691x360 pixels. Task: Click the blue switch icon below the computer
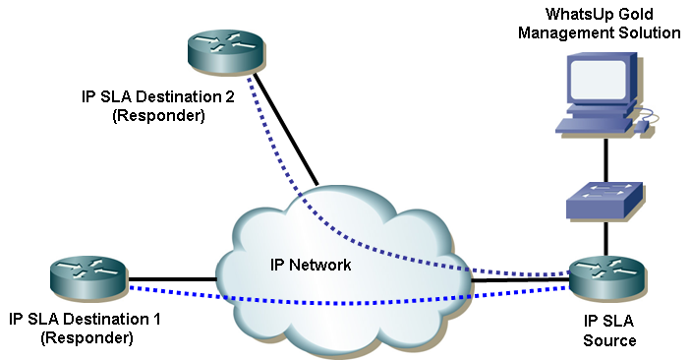pyautogui.click(x=604, y=201)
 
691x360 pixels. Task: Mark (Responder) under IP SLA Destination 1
pyautogui.click(x=86, y=337)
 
